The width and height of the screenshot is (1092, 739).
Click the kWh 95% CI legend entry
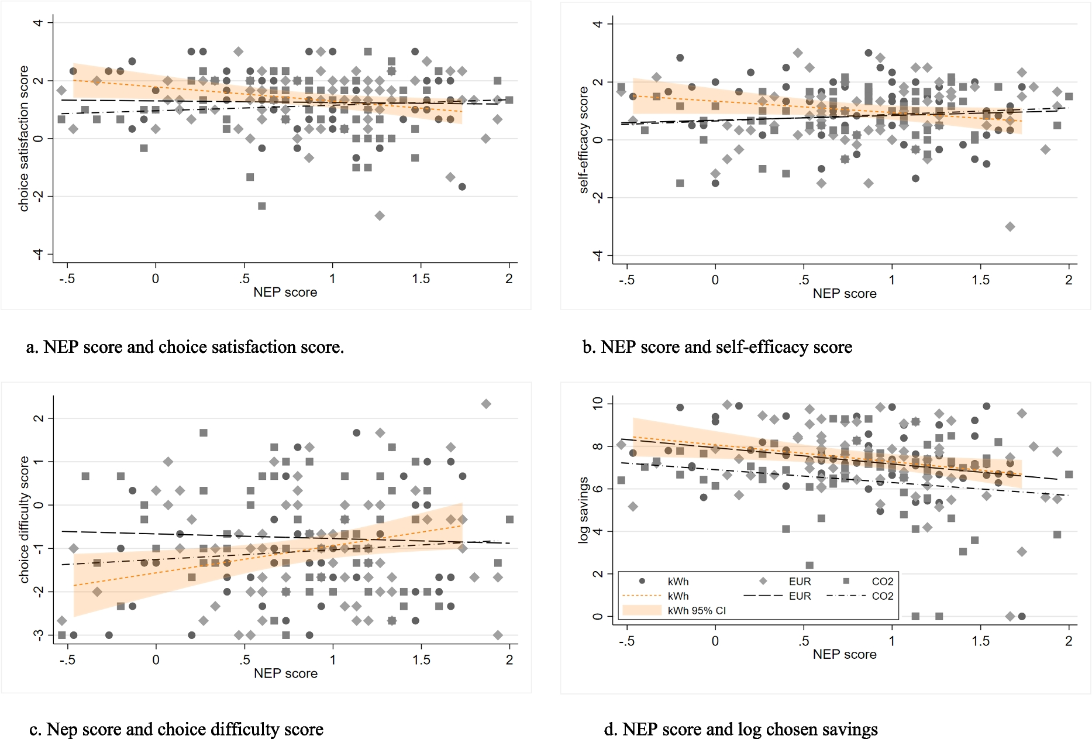(696, 610)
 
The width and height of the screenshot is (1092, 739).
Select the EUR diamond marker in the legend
(763, 581)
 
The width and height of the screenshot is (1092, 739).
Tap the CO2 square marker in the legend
(846, 581)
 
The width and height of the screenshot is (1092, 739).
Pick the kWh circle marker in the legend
(642, 581)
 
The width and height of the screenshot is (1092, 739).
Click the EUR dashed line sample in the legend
(763, 596)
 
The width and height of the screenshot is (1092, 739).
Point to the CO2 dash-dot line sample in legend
(846, 596)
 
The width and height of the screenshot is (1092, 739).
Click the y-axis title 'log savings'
(583, 510)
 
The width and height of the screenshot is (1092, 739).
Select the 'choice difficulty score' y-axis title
(24, 519)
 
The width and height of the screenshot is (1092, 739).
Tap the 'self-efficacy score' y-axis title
(583, 139)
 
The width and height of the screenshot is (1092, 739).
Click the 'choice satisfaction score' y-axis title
(24, 138)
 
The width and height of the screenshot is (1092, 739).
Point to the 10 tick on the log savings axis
(597, 404)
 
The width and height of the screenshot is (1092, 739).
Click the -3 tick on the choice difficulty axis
(38, 635)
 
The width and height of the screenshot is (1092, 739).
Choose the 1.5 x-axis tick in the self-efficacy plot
(980, 280)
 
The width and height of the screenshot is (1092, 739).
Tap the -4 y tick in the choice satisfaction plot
(38, 254)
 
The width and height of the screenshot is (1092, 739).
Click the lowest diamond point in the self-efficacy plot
(1010, 226)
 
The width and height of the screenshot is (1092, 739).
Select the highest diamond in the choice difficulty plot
(485, 404)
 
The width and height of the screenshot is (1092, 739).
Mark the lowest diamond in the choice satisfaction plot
(380, 216)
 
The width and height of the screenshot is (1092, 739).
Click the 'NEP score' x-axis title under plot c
(285, 673)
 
